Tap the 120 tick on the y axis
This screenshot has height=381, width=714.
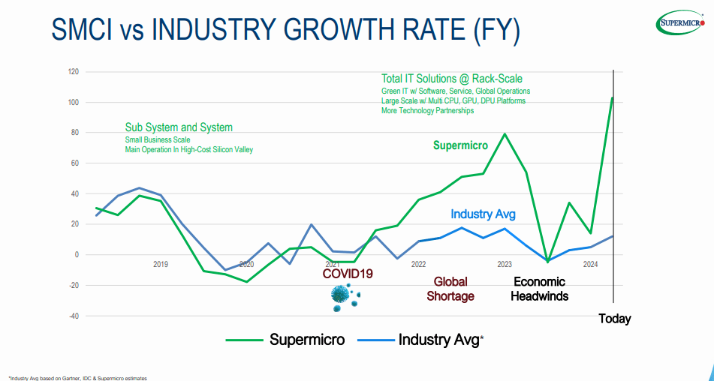[73, 72]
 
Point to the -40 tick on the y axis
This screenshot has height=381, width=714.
[73, 316]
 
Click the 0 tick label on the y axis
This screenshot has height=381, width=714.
[76, 255]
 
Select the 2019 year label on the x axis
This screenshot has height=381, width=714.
[161, 265]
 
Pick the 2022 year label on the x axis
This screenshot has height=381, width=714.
[418, 265]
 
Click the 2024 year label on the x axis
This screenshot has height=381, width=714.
[590, 265]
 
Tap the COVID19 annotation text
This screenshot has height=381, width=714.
[348, 274]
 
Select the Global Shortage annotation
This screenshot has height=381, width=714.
[450, 289]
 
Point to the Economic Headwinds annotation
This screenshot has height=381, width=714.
[539, 289]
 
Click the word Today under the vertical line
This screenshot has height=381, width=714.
[614, 319]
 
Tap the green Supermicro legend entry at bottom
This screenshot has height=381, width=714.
[285, 340]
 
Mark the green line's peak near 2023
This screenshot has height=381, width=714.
[505, 134]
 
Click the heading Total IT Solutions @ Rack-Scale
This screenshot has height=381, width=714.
[451, 79]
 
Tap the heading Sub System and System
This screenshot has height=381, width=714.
[179, 127]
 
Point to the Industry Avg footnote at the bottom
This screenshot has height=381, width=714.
[78, 378]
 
